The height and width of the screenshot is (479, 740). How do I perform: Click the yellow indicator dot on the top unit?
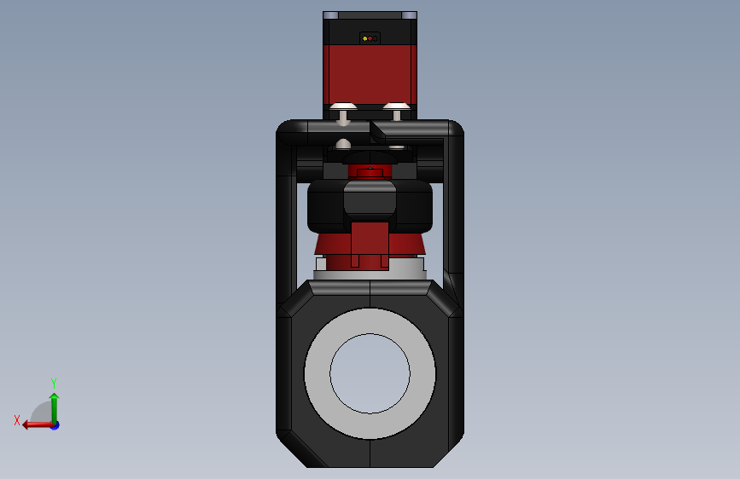click(x=364, y=38)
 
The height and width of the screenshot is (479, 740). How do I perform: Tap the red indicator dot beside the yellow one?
click(x=370, y=38)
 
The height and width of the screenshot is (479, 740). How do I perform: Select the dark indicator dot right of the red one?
click(x=375, y=38)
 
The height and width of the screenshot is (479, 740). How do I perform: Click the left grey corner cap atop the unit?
click(x=331, y=15)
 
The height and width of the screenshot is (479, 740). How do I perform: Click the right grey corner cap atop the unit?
click(x=409, y=15)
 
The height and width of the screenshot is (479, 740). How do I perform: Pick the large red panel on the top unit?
click(x=370, y=74)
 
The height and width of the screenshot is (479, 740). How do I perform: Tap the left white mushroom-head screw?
click(x=343, y=113)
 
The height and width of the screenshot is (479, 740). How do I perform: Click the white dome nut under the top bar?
click(x=343, y=144)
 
